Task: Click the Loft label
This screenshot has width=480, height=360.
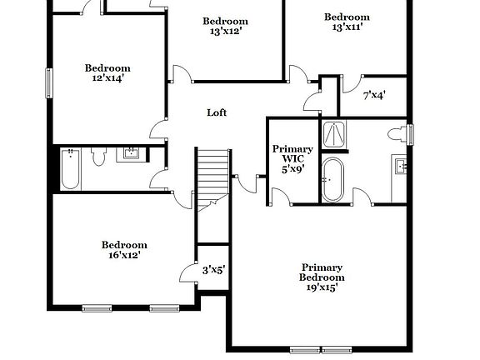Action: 217,112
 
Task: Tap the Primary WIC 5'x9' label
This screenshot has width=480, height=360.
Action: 292,159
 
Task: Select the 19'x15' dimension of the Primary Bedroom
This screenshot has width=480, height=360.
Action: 322,287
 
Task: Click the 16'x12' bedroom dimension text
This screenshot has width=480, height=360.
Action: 124,255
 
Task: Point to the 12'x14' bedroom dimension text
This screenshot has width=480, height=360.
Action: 107,78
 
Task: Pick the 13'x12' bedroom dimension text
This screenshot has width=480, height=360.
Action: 225,32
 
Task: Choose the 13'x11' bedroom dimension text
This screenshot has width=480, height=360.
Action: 347,27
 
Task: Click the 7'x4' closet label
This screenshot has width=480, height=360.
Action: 373,96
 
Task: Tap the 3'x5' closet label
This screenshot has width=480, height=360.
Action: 214,269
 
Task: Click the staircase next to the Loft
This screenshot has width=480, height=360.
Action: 213,174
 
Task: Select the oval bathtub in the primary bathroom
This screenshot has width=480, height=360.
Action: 333,179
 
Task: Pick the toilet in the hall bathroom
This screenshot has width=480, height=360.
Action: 98,155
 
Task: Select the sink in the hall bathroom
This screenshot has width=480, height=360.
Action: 132,152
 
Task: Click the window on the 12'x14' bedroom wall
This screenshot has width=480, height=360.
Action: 47,82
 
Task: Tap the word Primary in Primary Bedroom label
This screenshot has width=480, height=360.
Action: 322,267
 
